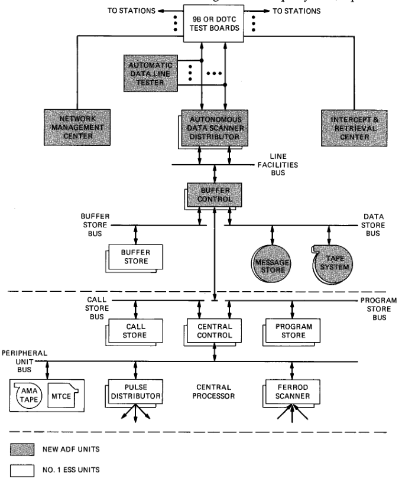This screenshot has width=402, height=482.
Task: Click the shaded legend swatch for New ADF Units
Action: tap(24, 451)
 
